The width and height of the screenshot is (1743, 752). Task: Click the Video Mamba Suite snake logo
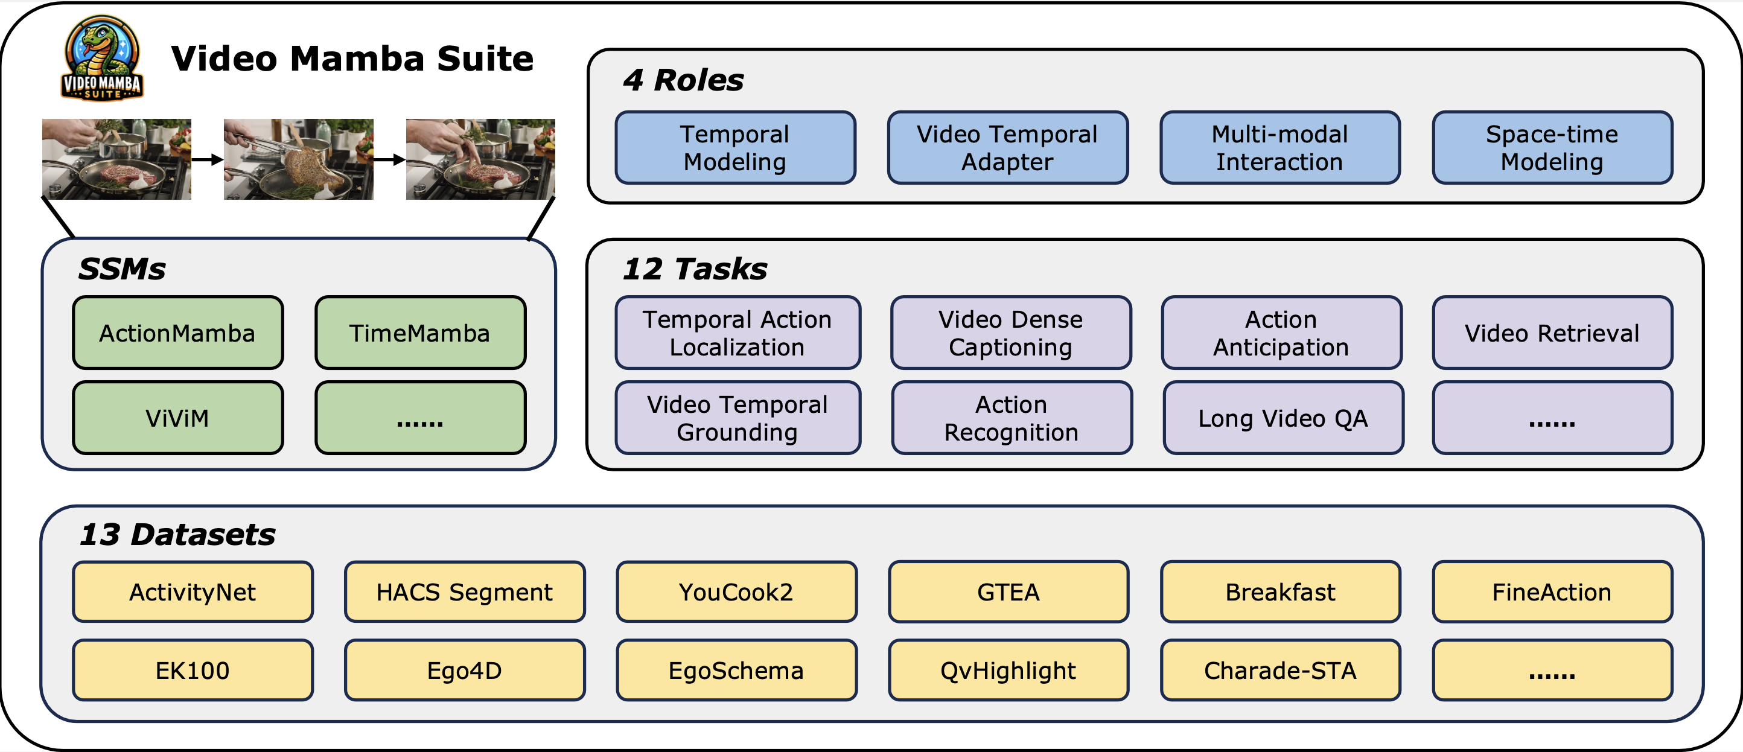tap(102, 58)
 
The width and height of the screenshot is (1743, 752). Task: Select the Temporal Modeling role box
tap(736, 147)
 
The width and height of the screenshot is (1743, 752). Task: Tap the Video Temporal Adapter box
tap(1007, 147)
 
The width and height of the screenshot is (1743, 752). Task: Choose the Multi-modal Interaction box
tap(1279, 147)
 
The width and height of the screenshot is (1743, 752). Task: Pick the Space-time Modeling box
tap(1552, 147)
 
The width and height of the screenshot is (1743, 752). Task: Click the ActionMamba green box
tap(178, 333)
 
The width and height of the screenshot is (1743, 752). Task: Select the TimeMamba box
tap(420, 333)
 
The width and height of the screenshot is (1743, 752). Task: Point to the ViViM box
tap(178, 418)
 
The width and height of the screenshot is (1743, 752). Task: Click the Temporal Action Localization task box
tap(738, 333)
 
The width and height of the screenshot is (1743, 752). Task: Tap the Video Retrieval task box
tap(1552, 333)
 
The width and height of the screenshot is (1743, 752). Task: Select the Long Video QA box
tap(1283, 418)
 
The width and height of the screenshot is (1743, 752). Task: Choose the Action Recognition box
tap(1012, 418)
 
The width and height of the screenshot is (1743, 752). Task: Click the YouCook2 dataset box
tap(736, 591)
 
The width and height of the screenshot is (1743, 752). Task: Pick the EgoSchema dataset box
tap(736, 670)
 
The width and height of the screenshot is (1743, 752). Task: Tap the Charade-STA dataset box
tap(1280, 670)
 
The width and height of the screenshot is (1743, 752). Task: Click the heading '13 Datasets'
tap(177, 534)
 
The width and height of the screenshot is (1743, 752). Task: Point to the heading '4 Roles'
tap(683, 80)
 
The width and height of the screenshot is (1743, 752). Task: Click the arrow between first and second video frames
tap(208, 160)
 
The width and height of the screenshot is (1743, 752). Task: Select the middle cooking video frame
tap(298, 159)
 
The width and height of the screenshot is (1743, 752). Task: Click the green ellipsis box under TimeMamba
tap(420, 418)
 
